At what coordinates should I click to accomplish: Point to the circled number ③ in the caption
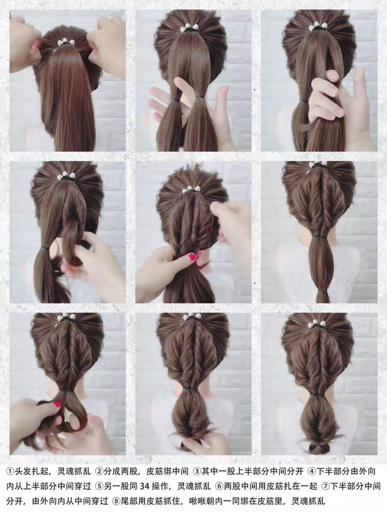pos(197,464)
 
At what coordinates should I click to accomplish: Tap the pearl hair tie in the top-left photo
pos(66,43)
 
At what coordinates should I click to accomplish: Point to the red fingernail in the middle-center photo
pos(193,256)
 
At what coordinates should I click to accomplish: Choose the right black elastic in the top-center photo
pos(200,96)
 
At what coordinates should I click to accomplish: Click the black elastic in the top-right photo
pos(304,101)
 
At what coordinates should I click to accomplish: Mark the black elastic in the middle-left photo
pos(45,248)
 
